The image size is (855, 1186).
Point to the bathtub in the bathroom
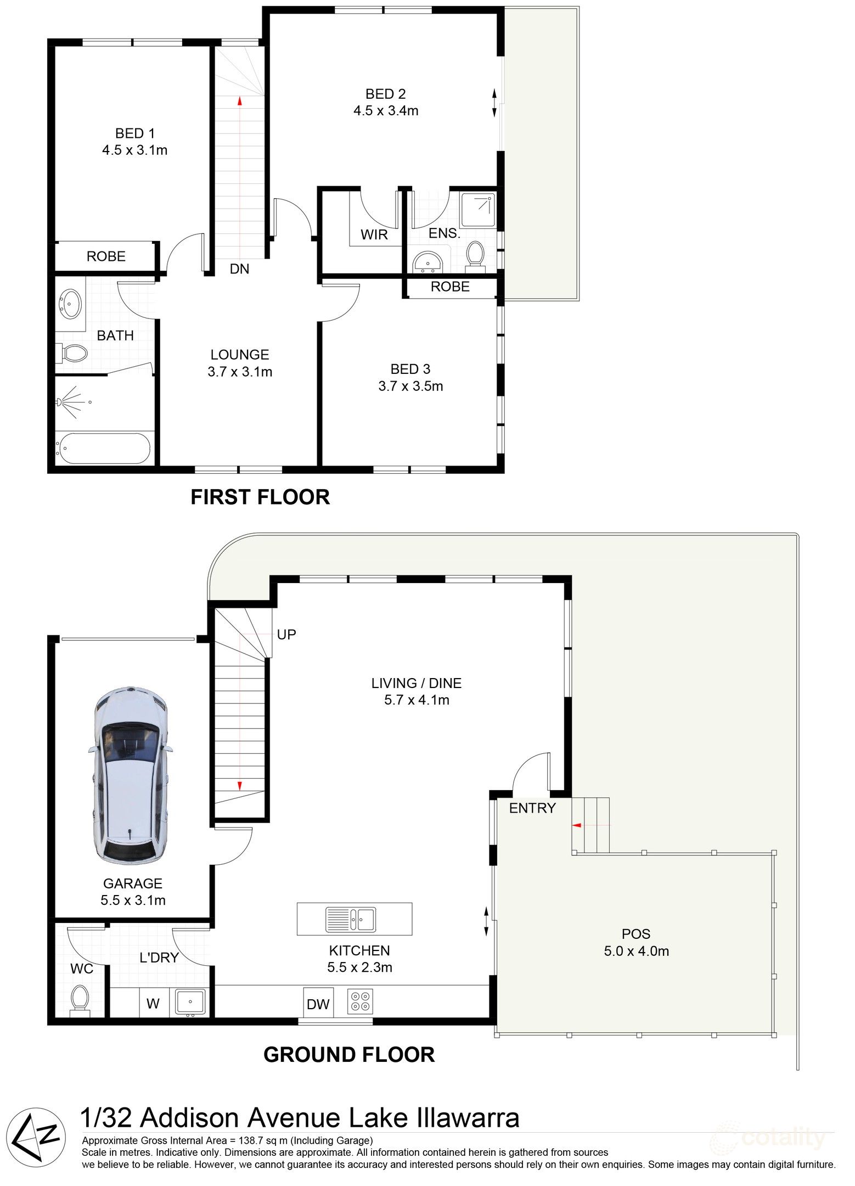point(103,448)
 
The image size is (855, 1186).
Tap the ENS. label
point(444,233)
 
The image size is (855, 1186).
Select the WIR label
point(374,235)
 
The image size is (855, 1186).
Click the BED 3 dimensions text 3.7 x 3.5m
point(410,387)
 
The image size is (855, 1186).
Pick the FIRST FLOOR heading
point(260,497)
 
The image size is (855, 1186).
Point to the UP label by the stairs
point(286,635)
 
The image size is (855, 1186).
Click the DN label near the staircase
point(239,269)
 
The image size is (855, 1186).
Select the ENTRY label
point(532,808)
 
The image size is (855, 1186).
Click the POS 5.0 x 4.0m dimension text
point(637,952)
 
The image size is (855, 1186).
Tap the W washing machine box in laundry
point(153,1004)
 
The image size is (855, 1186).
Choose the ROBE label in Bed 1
point(106,256)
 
